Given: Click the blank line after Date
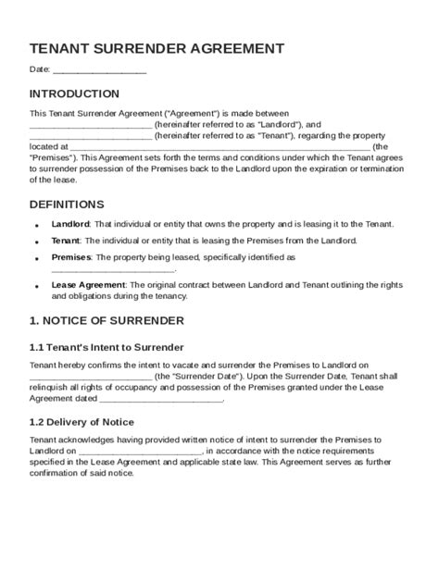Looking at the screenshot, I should point(100,70).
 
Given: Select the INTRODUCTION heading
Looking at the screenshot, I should point(74,93).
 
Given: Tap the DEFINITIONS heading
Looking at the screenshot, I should point(67,204).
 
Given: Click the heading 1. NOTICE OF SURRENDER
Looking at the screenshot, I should point(107,320).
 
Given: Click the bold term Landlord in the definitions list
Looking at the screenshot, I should point(70,225).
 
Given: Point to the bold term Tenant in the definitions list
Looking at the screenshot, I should point(66,241).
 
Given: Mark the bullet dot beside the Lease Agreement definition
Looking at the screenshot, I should point(36,287).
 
